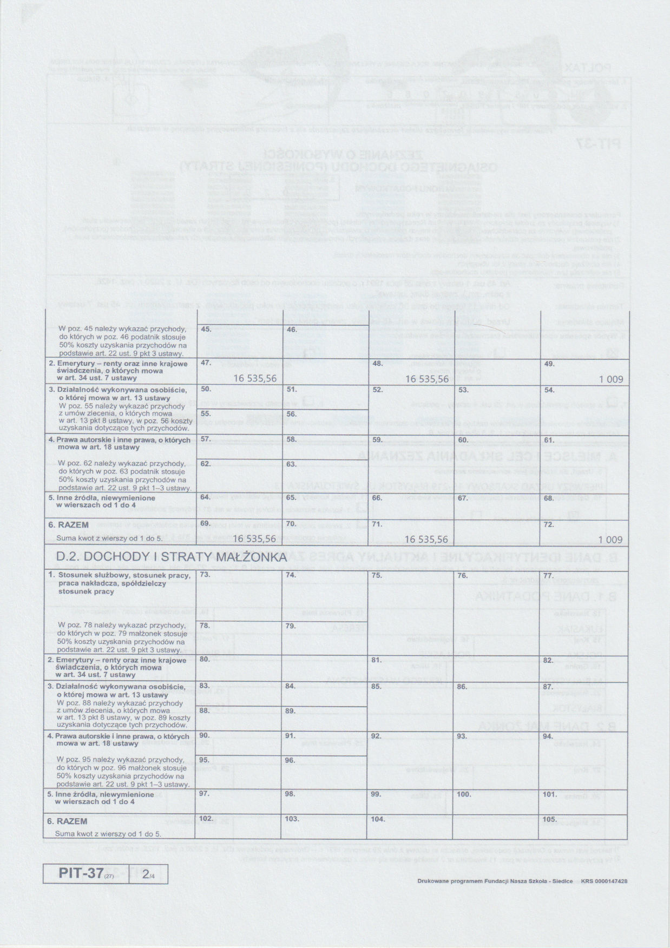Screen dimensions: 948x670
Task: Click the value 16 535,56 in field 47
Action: [x=255, y=379]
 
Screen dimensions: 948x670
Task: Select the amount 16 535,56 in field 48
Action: [x=427, y=379]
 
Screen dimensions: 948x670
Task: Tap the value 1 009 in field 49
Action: [x=611, y=379]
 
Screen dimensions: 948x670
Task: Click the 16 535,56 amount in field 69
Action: [x=255, y=539]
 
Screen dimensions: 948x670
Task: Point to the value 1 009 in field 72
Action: [x=610, y=539]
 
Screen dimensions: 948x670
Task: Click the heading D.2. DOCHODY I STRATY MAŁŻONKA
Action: [x=170, y=557]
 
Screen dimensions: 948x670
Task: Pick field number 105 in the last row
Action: [x=550, y=819]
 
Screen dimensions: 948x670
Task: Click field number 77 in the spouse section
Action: [x=548, y=576]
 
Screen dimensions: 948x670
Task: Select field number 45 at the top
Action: [x=206, y=330]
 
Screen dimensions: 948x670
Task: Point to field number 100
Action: [x=464, y=794]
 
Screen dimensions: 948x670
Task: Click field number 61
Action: [x=549, y=439]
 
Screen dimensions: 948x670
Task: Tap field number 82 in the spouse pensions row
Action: [x=548, y=660]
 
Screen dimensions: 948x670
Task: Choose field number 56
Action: [x=292, y=414]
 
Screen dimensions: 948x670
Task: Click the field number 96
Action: [x=291, y=760]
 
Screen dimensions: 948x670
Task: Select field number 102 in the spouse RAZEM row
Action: [x=207, y=819]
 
